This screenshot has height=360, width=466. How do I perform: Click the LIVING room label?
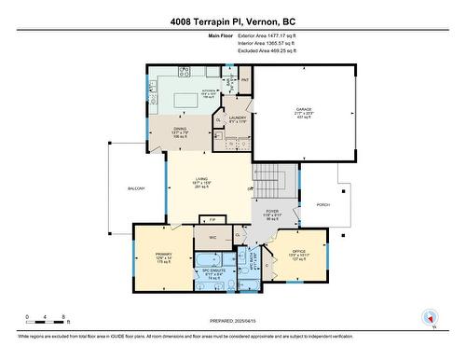[x=201, y=183]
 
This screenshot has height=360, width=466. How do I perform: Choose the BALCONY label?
[x=136, y=189]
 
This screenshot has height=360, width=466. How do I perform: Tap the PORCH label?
[x=323, y=203]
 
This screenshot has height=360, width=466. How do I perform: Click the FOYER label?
[x=272, y=213]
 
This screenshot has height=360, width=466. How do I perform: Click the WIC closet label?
[x=212, y=238]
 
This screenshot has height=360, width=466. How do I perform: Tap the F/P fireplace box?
[x=212, y=219]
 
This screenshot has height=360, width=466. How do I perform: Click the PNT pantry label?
[x=245, y=80]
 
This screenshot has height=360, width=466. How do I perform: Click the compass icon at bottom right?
[x=430, y=317]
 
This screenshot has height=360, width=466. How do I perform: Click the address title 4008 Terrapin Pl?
[x=232, y=21]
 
